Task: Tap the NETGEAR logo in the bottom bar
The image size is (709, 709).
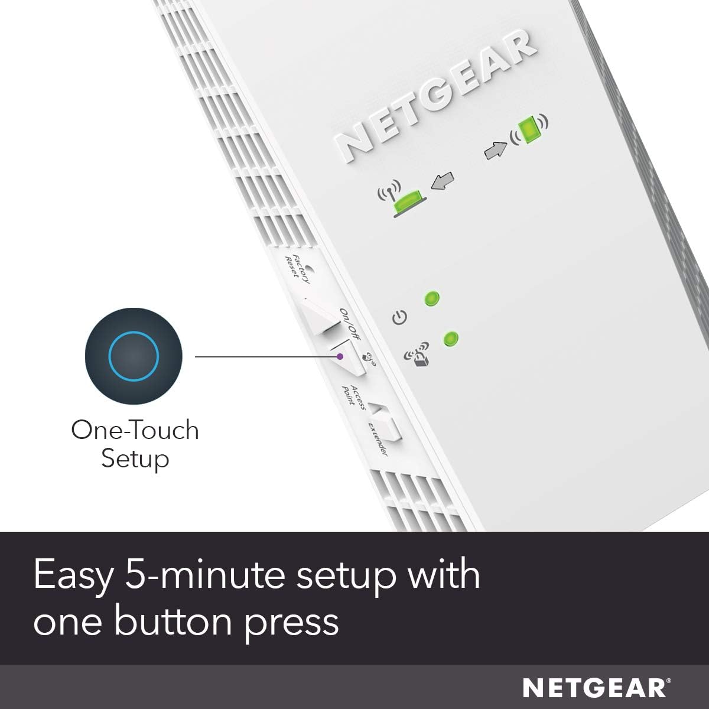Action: tap(596, 688)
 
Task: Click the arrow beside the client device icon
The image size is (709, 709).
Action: tap(495, 149)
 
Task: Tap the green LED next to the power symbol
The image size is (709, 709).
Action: tap(432, 298)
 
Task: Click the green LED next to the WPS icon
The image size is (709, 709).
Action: tap(451, 339)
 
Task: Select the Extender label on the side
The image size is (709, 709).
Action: tap(378, 438)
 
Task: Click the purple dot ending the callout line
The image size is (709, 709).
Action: tap(340, 356)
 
